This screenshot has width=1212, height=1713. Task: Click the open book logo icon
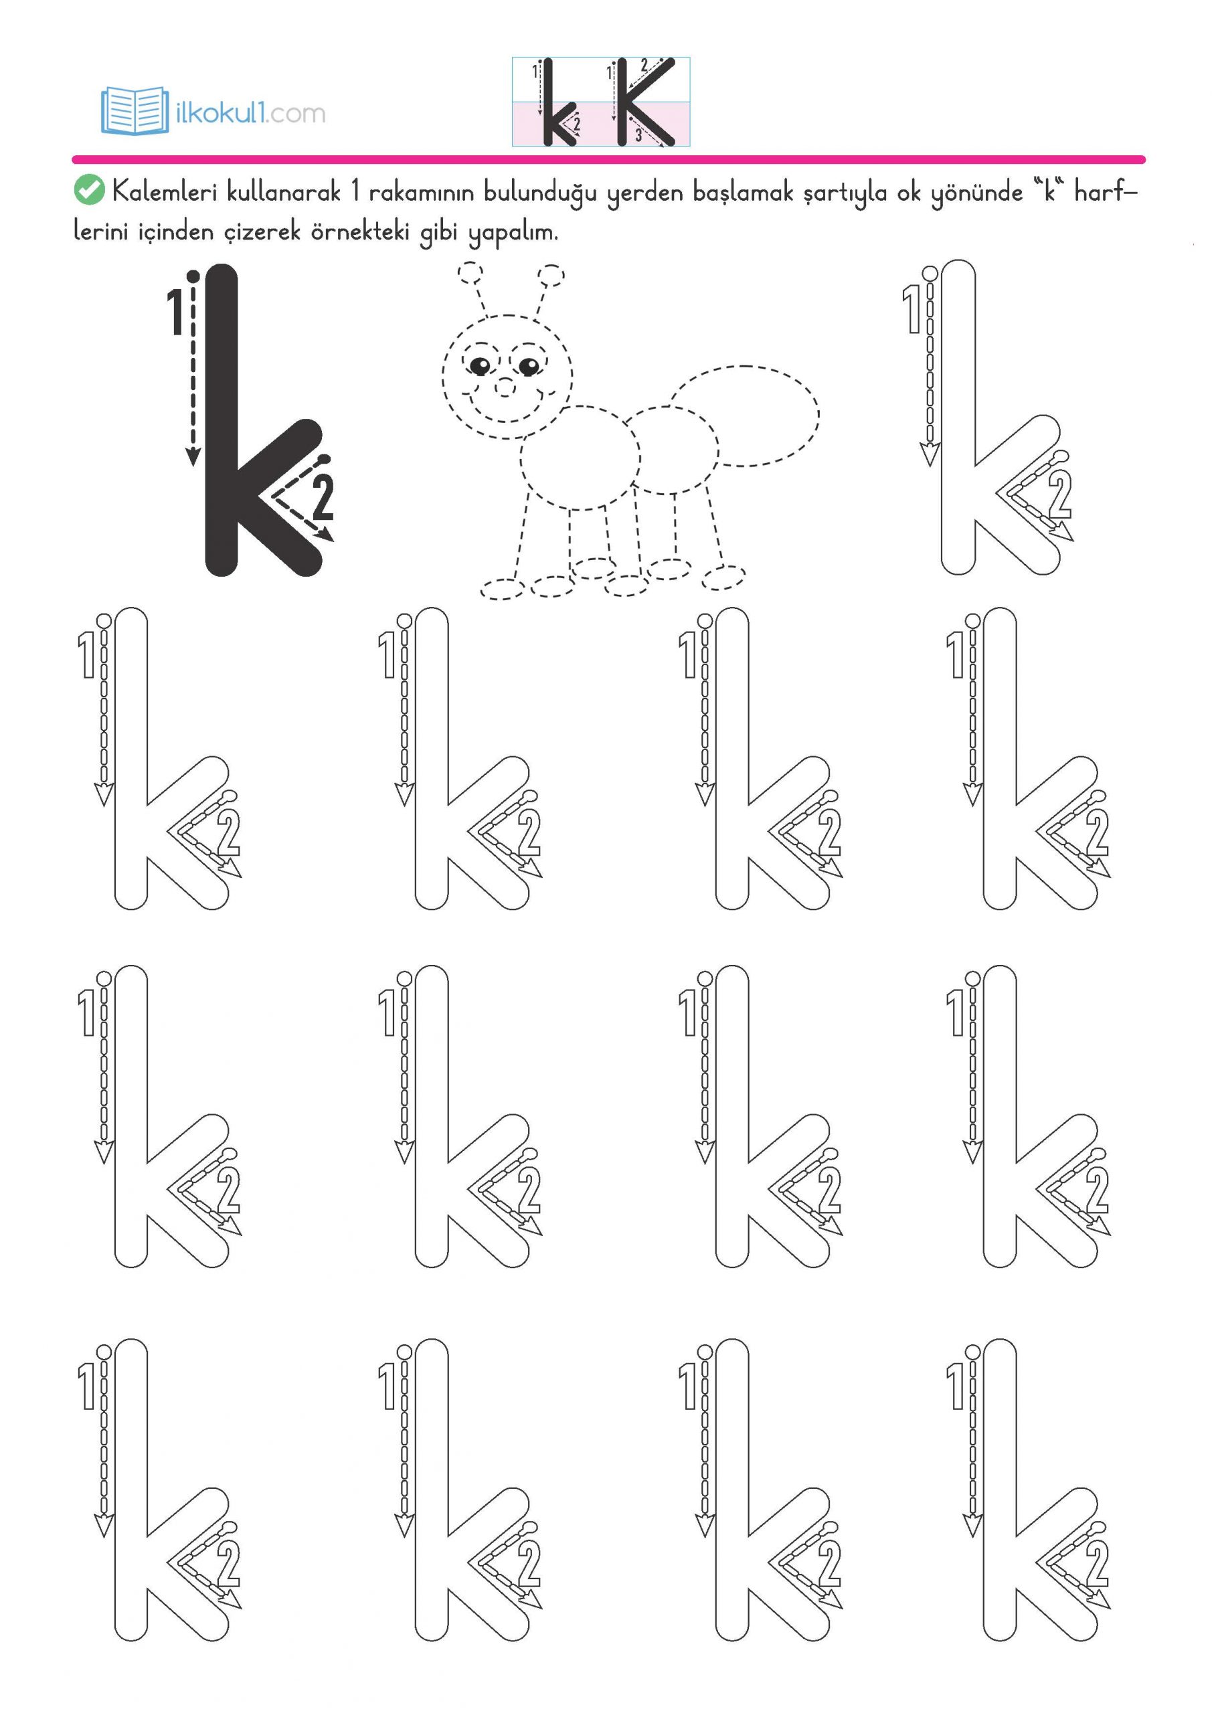(x=135, y=110)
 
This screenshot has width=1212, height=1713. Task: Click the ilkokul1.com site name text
(x=250, y=113)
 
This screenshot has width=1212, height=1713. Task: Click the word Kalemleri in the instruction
(x=164, y=192)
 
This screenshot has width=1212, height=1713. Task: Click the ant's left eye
(x=480, y=365)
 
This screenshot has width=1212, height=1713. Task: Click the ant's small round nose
(x=505, y=387)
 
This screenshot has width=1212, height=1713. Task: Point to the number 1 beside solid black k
(x=175, y=312)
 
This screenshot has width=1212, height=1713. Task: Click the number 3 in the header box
(x=639, y=135)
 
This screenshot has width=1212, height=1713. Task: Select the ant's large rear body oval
(x=745, y=416)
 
